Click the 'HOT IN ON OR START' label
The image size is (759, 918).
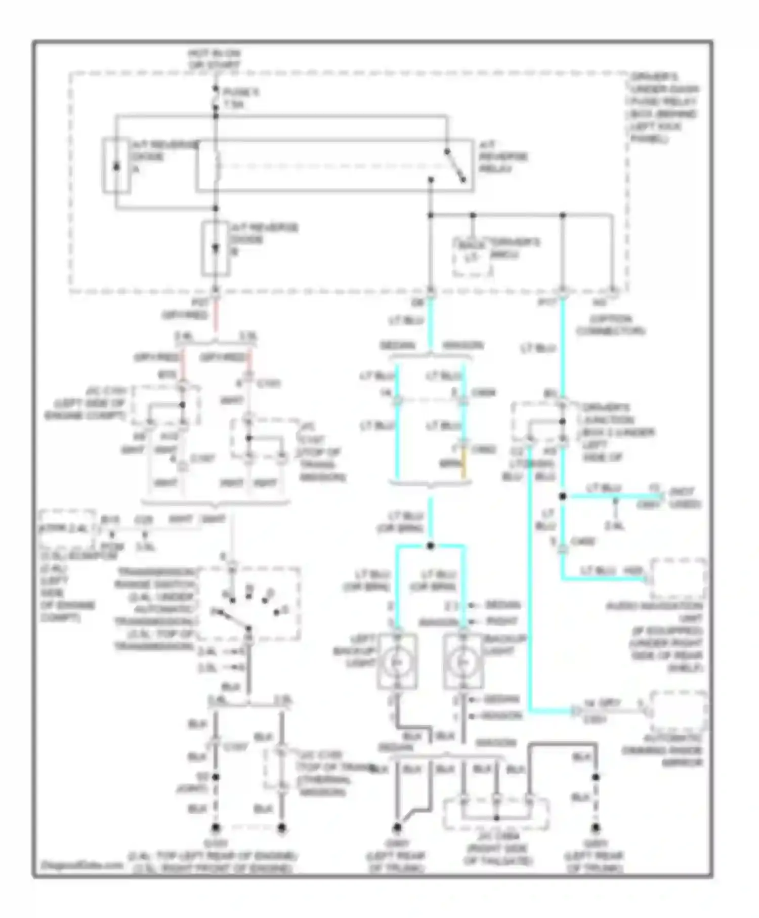214,59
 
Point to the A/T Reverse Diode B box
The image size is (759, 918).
216,248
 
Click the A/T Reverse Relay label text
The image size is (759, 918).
503,156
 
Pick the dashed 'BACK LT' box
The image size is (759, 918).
472,258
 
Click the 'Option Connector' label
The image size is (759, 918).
610,325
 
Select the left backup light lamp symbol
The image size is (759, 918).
397,661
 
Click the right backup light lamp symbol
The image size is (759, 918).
462,661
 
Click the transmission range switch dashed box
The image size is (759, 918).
249,603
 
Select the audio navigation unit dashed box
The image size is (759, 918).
678,578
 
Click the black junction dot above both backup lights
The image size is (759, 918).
431,546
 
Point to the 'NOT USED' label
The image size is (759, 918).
685,498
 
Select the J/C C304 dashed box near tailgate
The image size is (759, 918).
496,814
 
